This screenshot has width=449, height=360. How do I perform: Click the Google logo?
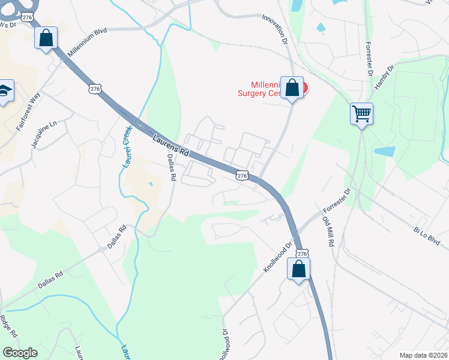coord(20,353)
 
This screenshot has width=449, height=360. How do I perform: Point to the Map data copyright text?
coord(424,355)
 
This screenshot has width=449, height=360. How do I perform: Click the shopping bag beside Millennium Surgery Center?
coord(292,88)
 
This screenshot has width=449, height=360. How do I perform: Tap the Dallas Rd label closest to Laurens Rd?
coord(171,167)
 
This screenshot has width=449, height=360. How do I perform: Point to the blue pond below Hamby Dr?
coord(384,151)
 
